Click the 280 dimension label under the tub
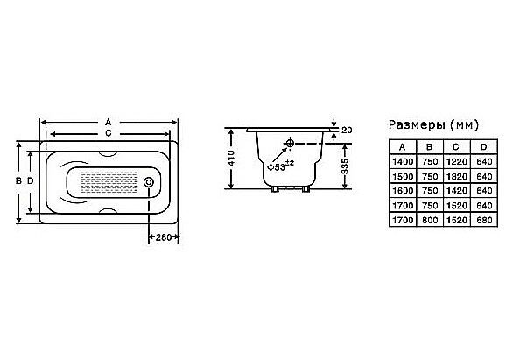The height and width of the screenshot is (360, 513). tap(164, 237)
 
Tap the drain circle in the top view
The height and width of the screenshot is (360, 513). tap(149, 182)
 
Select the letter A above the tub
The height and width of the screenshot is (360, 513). tap(109, 123)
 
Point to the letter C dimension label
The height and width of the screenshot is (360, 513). tap(109, 133)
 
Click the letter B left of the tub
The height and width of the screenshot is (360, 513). tap(19, 180)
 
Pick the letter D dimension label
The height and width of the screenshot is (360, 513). tap(31, 180)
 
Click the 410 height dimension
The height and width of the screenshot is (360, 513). tap(231, 158)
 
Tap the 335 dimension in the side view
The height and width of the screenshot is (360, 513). tap(345, 166)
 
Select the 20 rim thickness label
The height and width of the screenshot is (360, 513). tap(347, 131)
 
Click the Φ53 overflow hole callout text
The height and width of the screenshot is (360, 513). tap(280, 166)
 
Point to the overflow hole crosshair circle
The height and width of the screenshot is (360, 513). tap(290, 144)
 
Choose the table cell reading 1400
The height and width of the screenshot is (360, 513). tap(403, 162)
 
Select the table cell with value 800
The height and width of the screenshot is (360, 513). tap(430, 220)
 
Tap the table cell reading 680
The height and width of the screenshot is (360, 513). tap(484, 220)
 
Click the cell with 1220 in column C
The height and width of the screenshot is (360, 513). tap(457, 162)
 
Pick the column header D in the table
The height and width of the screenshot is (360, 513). tap(484, 147)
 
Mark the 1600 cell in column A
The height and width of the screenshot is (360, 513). tap(403, 191)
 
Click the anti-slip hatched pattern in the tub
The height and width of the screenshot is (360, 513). tap(109, 182)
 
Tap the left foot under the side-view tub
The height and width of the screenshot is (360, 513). tap(276, 189)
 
